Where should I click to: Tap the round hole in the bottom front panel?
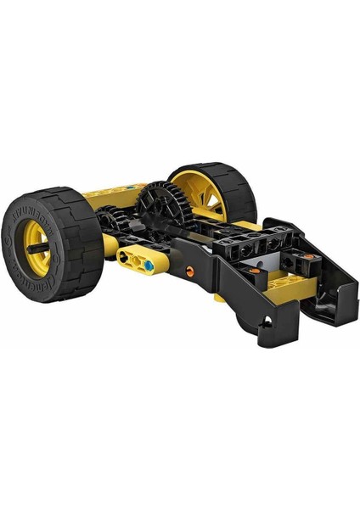point(269,321)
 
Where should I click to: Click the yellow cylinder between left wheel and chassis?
point(110,248)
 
